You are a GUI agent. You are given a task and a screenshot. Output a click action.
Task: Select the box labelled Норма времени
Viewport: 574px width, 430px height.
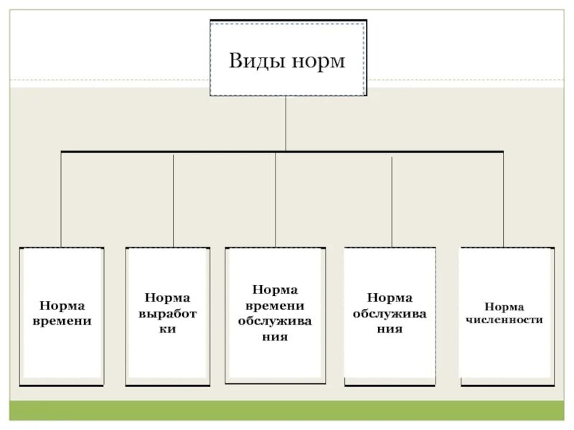[x=62, y=315]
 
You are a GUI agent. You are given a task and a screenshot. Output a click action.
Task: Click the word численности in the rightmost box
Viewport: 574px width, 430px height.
[x=504, y=320]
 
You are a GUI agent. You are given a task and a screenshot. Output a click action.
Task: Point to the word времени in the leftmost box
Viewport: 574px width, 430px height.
[x=62, y=322]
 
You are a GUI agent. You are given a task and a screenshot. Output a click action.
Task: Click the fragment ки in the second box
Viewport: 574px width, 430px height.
[x=167, y=330]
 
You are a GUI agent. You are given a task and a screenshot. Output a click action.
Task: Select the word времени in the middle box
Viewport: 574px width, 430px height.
[x=275, y=305]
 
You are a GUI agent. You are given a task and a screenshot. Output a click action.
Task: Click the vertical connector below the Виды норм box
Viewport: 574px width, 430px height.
[x=286, y=123]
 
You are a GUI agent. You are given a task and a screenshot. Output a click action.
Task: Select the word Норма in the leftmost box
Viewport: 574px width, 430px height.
[x=62, y=305]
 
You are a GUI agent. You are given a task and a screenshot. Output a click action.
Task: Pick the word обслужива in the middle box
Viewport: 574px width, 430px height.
[x=275, y=320]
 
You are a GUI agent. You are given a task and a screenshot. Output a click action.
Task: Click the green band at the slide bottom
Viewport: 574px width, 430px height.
[x=287, y=411]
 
